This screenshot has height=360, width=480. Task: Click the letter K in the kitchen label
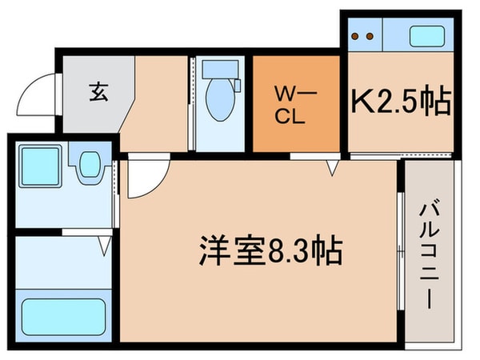pyautogui.click(x=362, y=102)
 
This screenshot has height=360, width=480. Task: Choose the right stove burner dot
pyautogui.click(x=370, y=36)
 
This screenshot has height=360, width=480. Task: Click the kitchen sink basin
pyautogui.click(x=425, y=36)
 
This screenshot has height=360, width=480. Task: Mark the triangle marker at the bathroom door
pyautogui.click(x=105, y=249)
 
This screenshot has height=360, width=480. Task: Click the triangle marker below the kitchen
pyautogui.click(x=334, y=167)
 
